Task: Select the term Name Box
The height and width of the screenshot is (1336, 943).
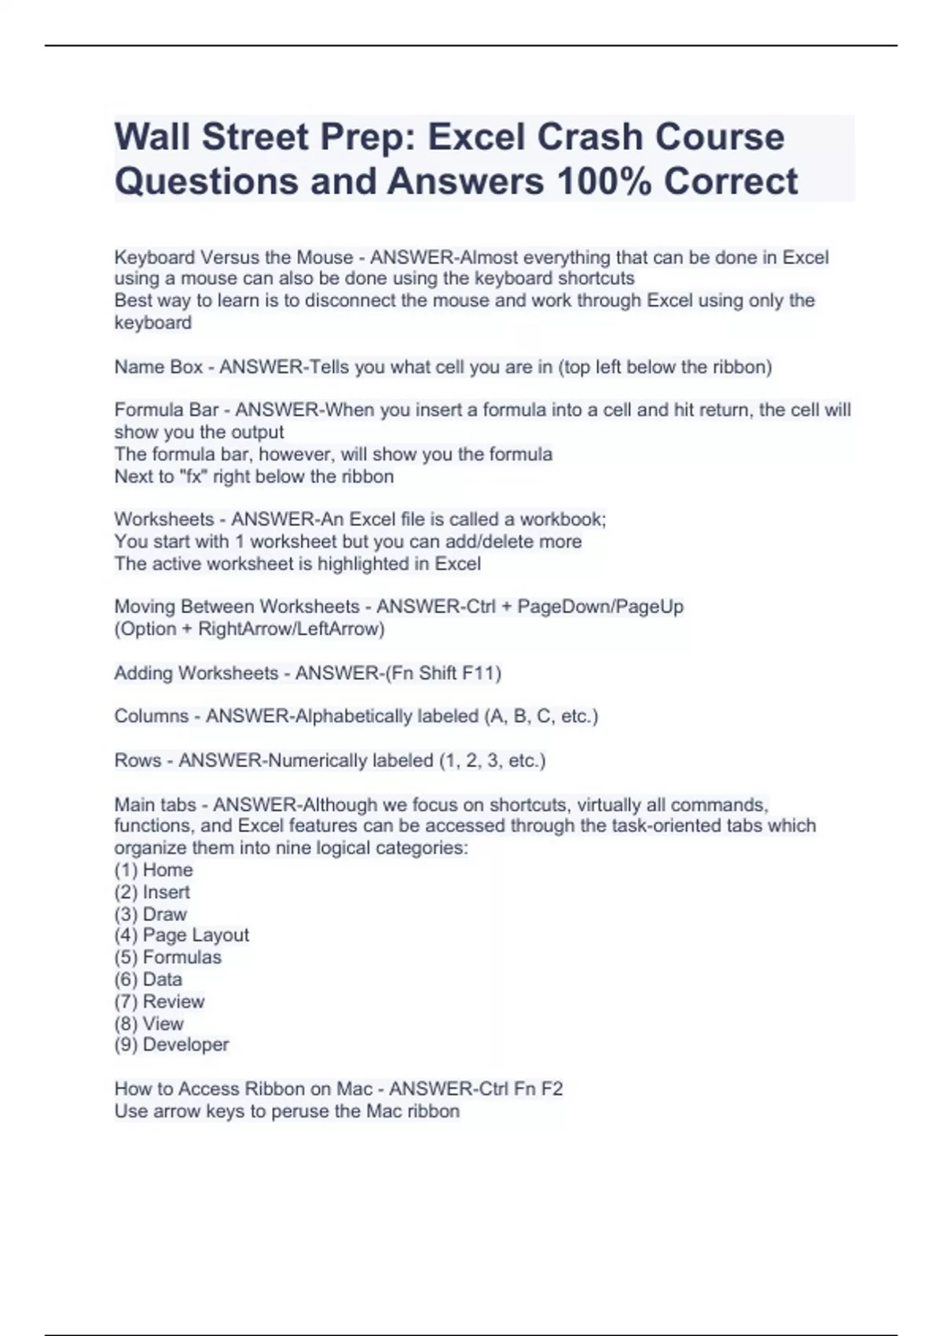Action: tap(158, 367)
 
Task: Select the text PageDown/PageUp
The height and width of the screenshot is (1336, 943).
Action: tap(600, 607)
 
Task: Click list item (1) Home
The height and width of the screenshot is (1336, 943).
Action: tap(153, 870)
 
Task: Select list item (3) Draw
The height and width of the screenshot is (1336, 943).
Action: tap(150, 914)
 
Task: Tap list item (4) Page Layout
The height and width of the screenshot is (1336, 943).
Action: tap(182, 935)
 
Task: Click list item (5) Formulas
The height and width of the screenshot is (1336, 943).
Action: tap(167, 957)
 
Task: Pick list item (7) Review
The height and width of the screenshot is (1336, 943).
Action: tap(159, 1001)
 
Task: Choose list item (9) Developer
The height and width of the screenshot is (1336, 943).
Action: tap(171, 1044)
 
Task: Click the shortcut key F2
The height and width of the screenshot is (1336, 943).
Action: tap(552, 1089)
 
